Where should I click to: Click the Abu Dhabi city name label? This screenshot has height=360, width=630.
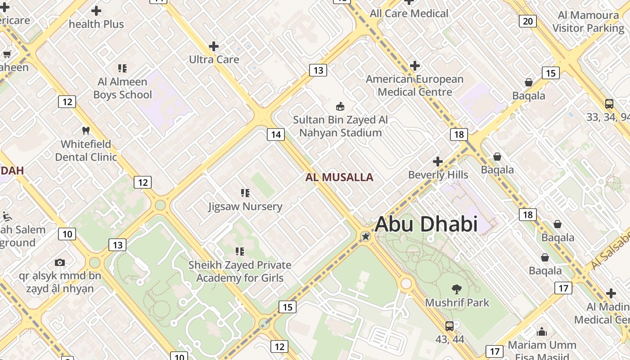click(x=426, y=224)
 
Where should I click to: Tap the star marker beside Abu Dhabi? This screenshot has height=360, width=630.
click(x=366, y=236)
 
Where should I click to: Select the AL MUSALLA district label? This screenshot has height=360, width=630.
click(x=339, y=177)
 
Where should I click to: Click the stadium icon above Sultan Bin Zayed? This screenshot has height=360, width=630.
click(x=340, y=107)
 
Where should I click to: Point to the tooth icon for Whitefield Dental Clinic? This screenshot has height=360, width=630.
click(x=86, y=131)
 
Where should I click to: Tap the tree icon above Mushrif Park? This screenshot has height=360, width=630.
click(x=457, y=289)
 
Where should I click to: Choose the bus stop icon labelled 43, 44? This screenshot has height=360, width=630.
click(x=450, y=326)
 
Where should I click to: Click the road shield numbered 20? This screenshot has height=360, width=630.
click(x=528, y=21)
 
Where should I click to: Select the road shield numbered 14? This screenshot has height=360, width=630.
click(x=276, y=134)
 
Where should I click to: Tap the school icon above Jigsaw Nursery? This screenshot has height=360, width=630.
click(x=245, y=193)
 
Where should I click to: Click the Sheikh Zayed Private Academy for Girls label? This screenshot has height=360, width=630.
click(x=240, y=271)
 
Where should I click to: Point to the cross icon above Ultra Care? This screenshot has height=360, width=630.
click(x=214, y=46)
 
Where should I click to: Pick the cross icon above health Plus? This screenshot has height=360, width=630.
click(x=96, y=11)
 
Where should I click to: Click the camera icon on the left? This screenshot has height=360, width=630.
click(x=60, y=262)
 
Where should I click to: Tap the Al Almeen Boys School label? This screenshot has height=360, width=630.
click(x=122, y=88)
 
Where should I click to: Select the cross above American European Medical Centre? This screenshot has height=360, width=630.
click(x=414, y=66)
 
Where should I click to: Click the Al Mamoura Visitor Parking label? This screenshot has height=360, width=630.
click(x=588, y=22)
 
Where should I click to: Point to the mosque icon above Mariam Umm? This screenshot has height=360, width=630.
click(x=542, y=332)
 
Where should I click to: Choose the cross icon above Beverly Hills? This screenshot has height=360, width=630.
click(x=438, y=162)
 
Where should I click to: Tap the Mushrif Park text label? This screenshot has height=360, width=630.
click(x=457, y=302)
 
